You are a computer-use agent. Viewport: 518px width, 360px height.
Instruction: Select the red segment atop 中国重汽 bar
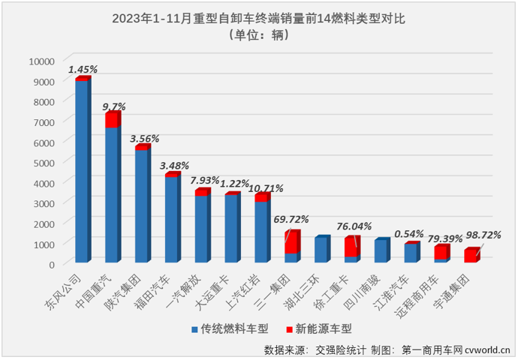click(111, 120)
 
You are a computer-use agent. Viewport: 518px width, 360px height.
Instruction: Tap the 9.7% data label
click(114, 106)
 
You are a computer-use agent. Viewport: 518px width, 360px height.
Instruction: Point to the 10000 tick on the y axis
click(41, 61)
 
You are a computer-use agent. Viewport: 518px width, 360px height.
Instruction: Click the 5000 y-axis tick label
click(44, 162)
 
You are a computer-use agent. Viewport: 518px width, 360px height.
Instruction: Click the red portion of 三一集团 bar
click(291, 242)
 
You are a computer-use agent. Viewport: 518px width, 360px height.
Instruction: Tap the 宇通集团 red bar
click(471, 256)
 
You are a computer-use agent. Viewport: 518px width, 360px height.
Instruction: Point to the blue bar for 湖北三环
click(321, 250)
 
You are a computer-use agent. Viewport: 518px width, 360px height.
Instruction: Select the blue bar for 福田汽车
click(171, 219)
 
